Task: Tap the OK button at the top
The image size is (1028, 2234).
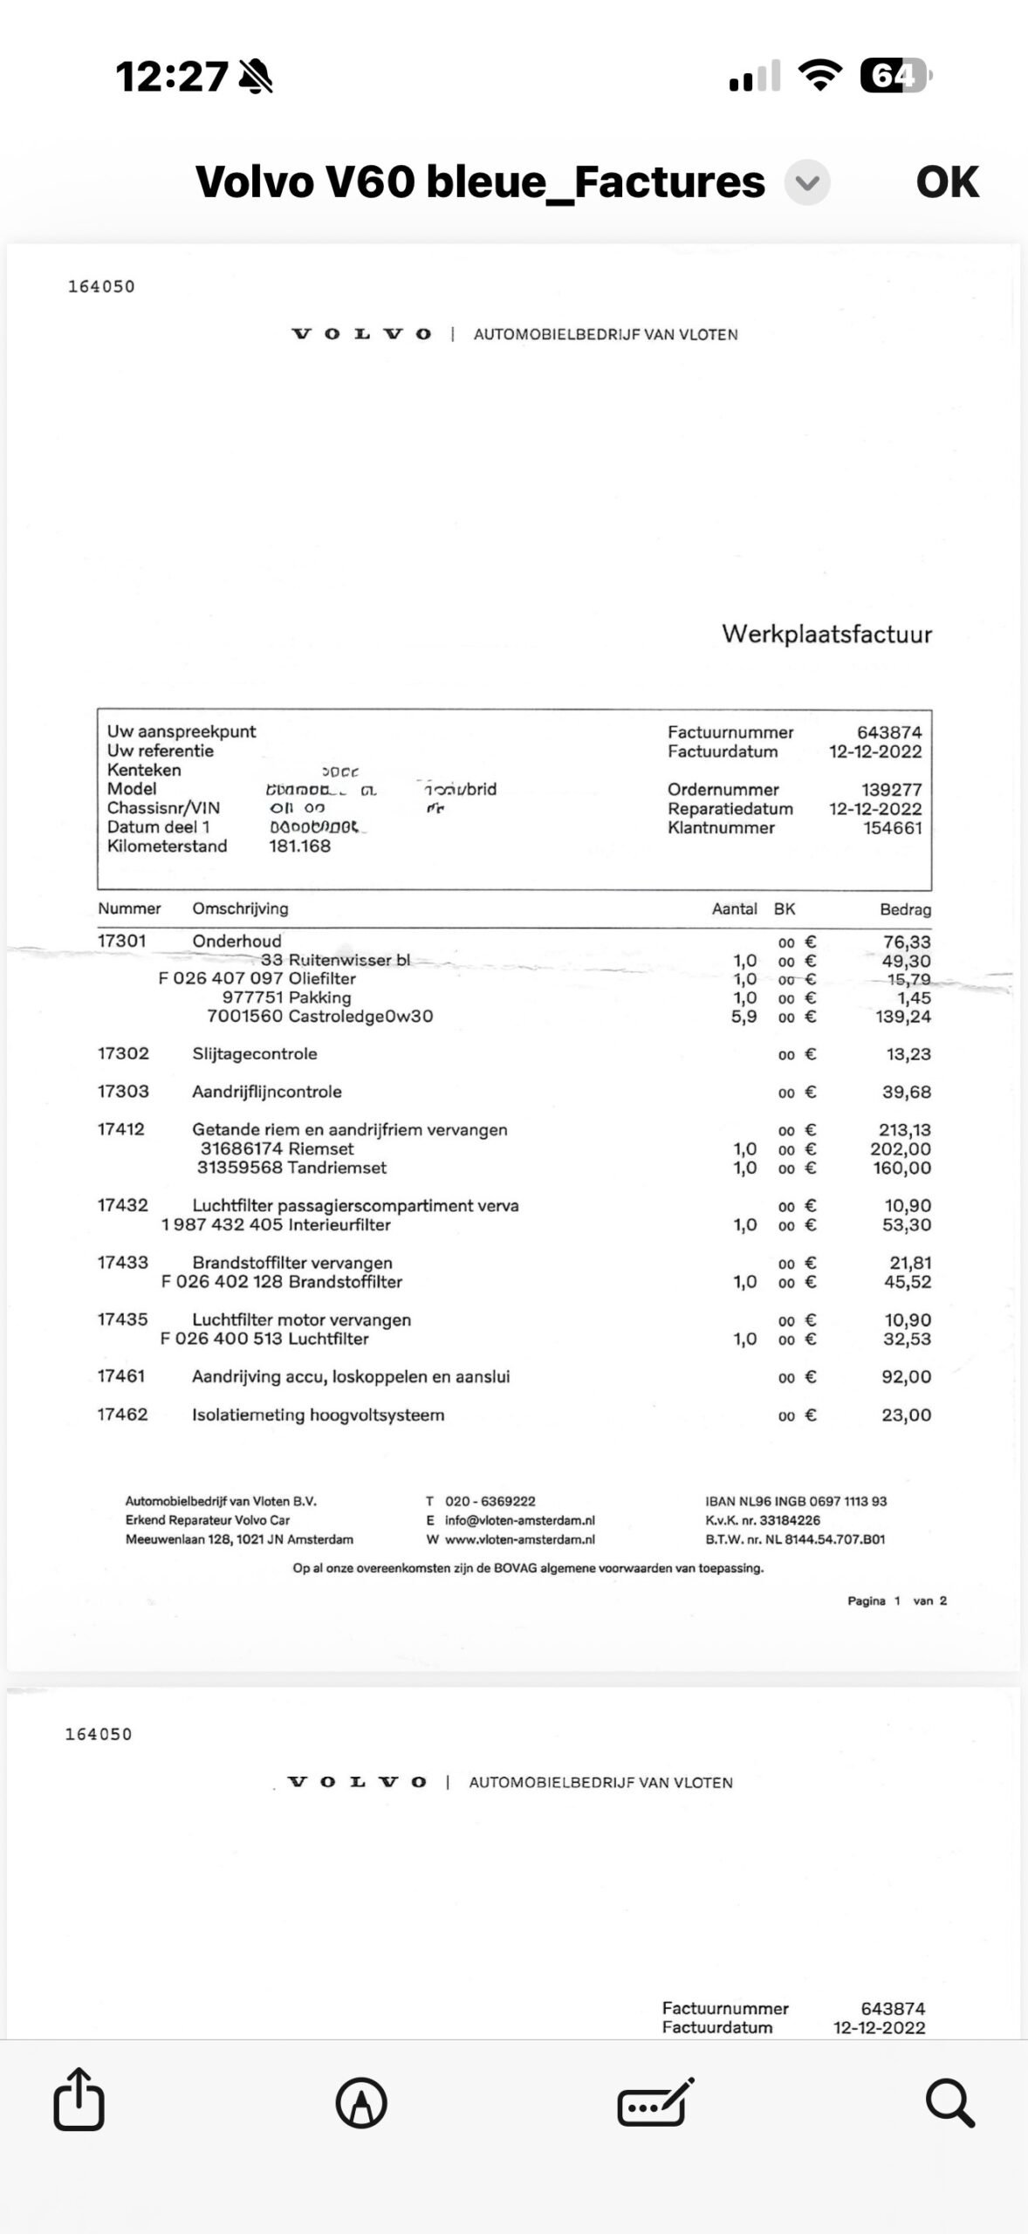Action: tap(947, 182)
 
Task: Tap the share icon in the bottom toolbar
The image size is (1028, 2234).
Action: tap(79, 2100)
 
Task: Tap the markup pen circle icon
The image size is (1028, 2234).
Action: tap(361, 2102)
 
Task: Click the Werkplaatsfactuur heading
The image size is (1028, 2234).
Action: tap(826, 634)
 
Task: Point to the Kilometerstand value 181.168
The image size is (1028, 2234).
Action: tap(299, 846)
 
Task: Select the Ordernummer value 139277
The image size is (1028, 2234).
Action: tap(891, 790)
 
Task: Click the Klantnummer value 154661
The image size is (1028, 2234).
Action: tap(892, 828)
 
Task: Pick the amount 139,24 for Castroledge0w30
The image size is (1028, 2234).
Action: tap(902, 1017)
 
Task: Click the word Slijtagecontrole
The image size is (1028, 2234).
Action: tap(255, 1054)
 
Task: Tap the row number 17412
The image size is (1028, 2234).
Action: tap(120, 1129)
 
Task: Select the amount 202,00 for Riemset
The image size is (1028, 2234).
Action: tap(900, 1149)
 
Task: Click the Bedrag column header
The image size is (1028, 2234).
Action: tap(905, 909)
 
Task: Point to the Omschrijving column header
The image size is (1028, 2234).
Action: tap(240, 908)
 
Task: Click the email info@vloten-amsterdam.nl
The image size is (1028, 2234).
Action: tap(519, 1520)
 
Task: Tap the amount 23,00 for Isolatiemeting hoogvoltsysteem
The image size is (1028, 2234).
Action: tap(906, 1415)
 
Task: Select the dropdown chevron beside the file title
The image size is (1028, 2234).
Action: tap(807, 183)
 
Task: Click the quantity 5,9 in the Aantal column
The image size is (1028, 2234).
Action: tap(744, 1017)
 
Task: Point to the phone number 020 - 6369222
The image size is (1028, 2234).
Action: tap(490, 1501)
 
